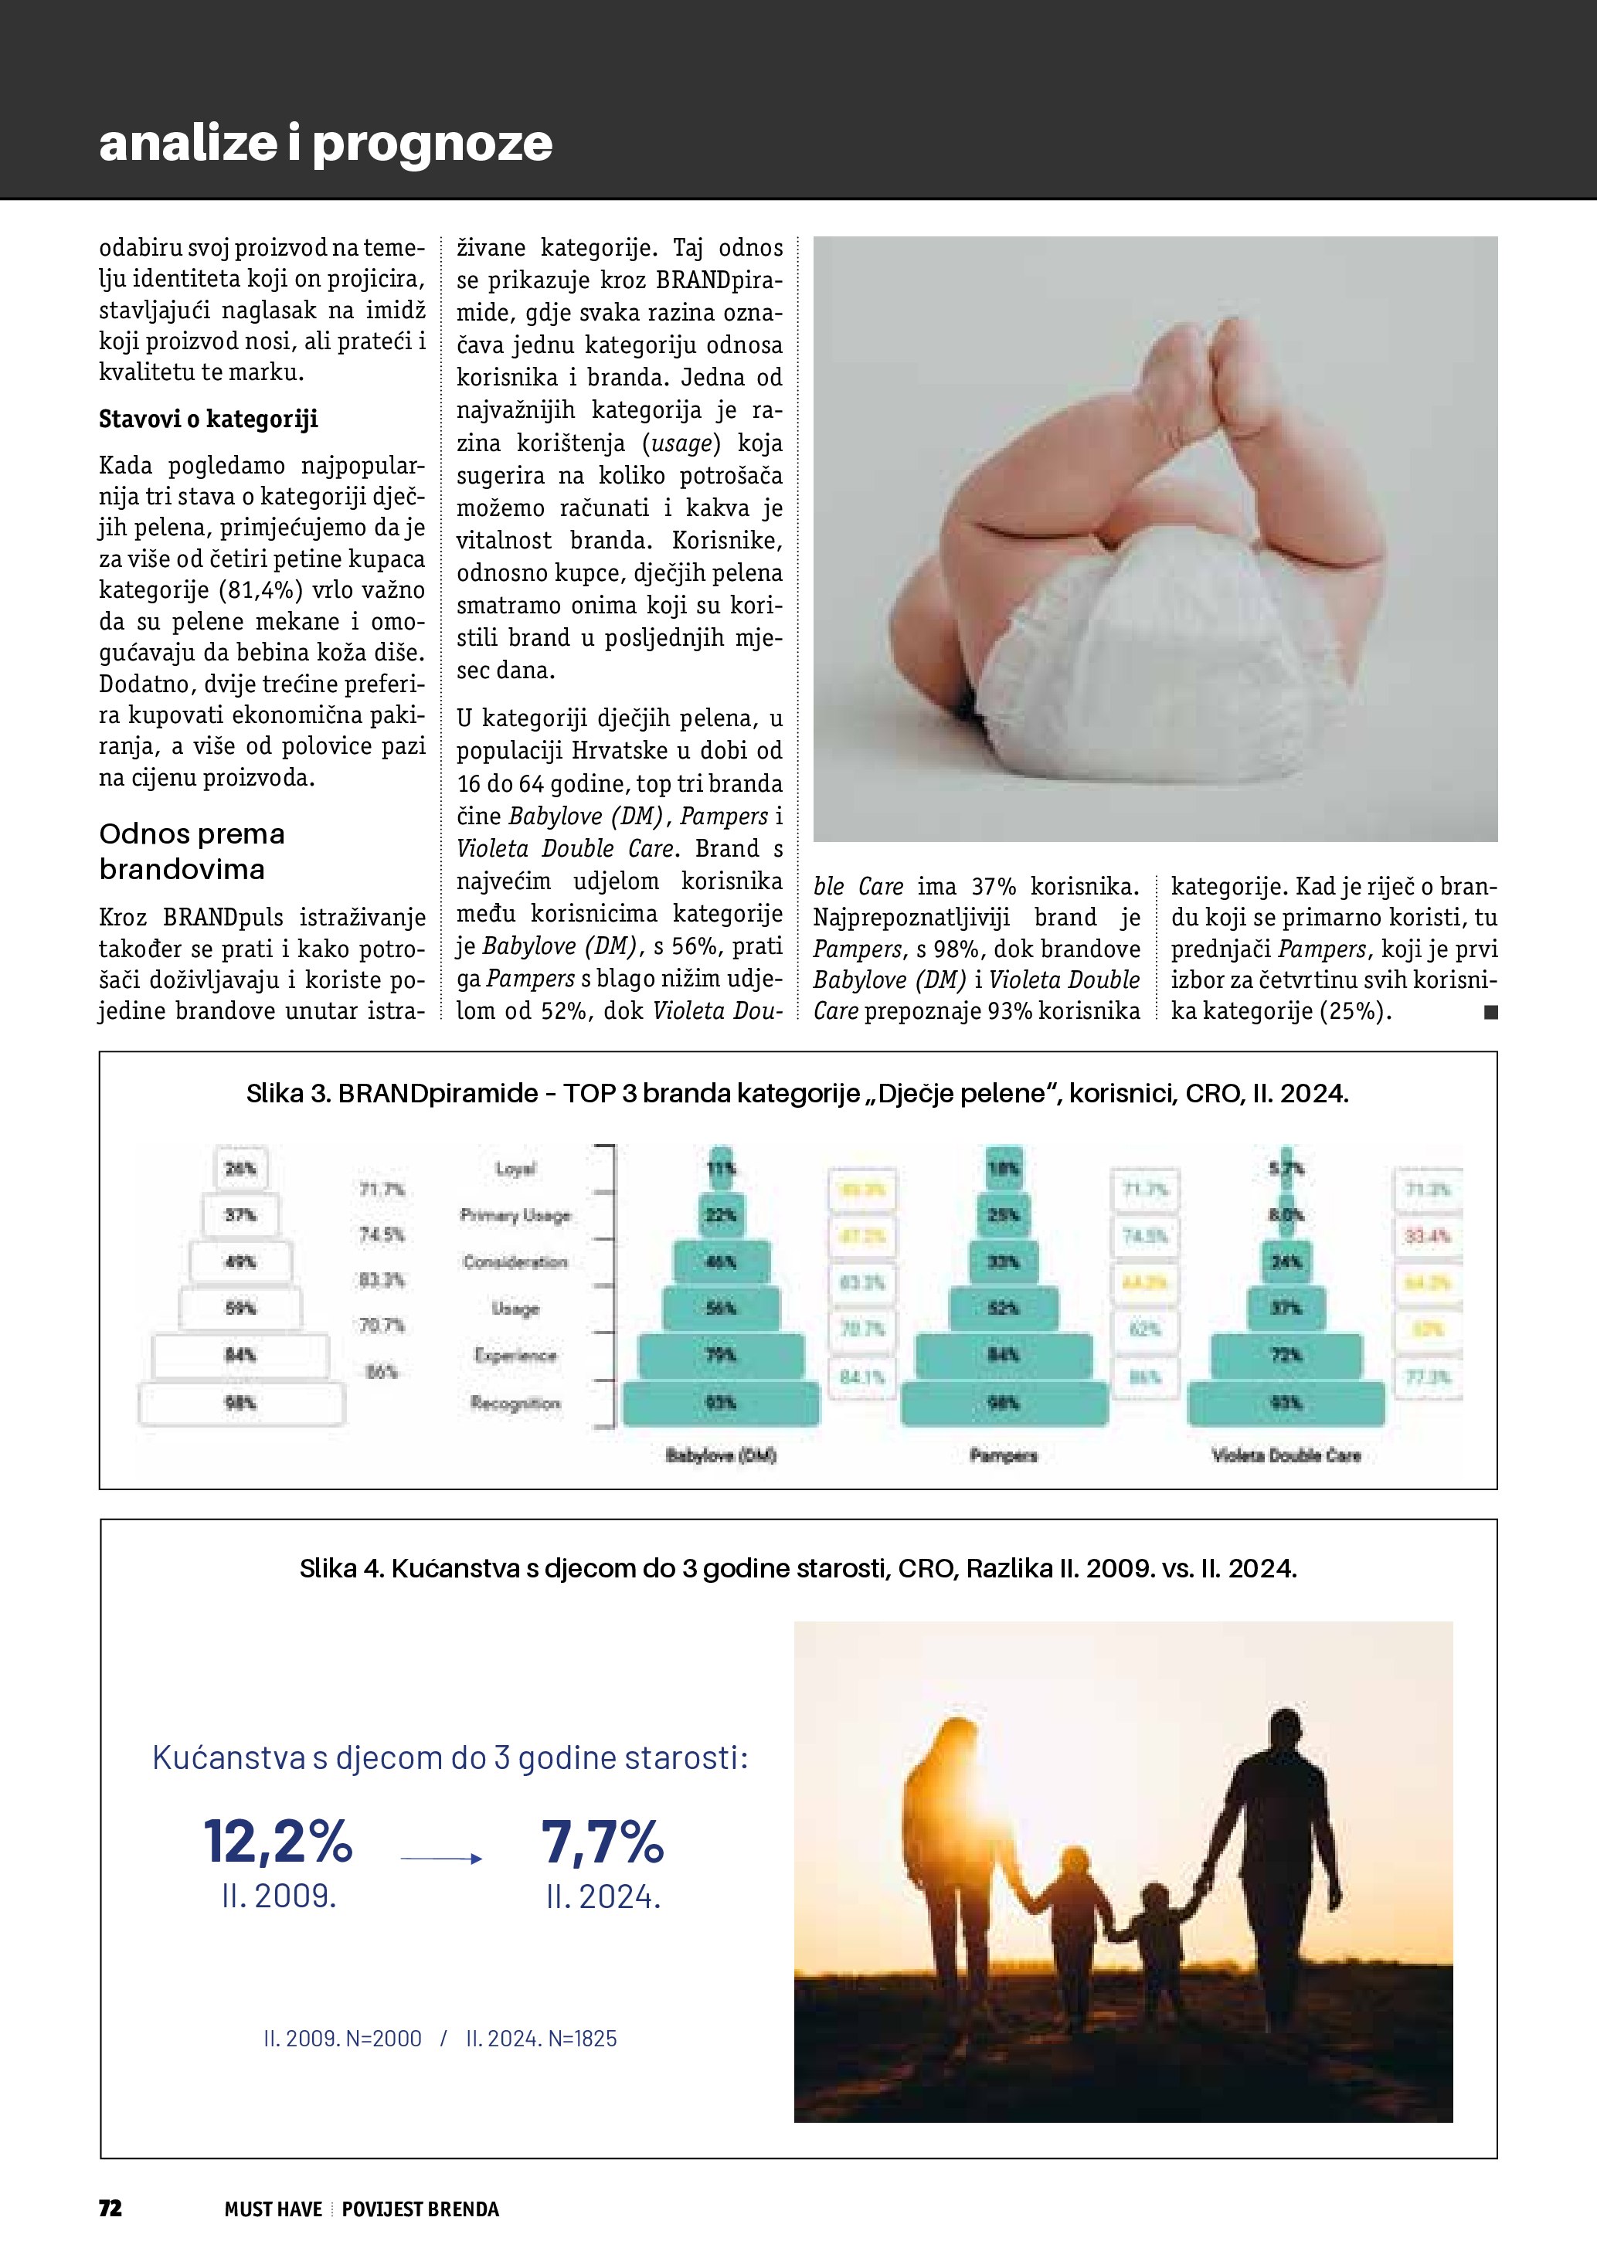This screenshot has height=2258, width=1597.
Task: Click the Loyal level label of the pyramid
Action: (515, 1168)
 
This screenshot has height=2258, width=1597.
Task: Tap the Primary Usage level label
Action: (515, 1216)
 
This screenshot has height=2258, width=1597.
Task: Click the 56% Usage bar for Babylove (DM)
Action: (721, 1309)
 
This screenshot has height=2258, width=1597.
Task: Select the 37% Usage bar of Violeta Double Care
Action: (1286, 1309)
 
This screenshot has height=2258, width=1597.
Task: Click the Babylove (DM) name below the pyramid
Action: (721, 1455)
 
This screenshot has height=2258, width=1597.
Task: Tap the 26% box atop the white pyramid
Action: (241, 1168)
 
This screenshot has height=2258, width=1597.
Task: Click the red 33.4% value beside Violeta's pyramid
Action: (1428, 1236)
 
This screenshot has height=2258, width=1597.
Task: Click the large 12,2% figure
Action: (277, 1842)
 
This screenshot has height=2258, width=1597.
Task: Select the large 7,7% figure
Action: (603, 1842)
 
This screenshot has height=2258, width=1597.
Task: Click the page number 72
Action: (110, 2208)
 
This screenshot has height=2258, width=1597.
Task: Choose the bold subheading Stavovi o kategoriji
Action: (209, 419)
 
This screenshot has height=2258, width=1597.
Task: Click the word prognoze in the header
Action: (433, 144)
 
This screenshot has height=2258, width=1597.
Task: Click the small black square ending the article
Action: (1491, 1012)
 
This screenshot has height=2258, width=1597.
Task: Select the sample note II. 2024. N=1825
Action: (542, 2039)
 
